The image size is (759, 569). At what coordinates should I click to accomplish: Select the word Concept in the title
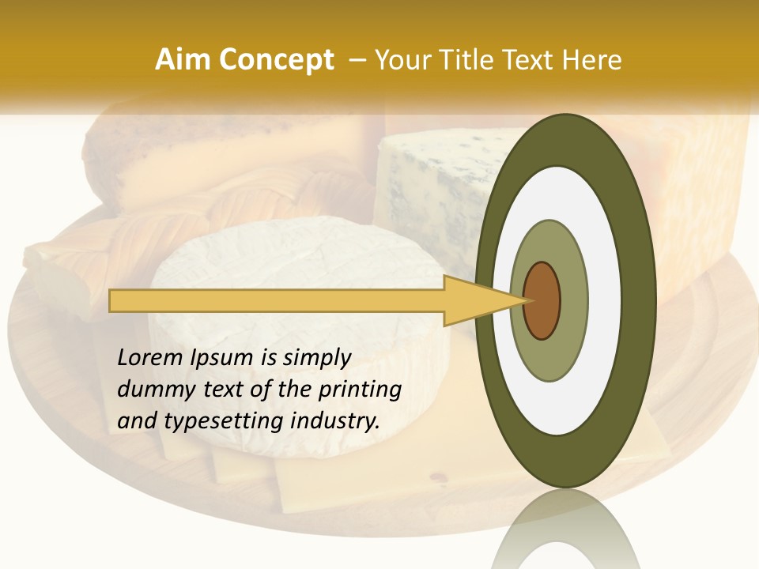(x=276, y=60)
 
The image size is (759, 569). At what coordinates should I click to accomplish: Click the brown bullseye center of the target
(x=542, y=300)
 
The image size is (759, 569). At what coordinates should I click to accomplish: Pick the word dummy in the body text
(x=151, y=390)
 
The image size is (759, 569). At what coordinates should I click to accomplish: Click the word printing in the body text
(x=359, y=390)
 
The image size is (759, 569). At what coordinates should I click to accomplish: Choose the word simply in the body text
(x=317, y=359)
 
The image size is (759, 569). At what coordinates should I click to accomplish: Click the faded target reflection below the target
(x=565, y=533)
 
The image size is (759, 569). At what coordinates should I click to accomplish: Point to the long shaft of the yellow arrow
(x=277, y=300)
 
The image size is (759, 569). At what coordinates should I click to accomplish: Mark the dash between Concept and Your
(x=357, y=60)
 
